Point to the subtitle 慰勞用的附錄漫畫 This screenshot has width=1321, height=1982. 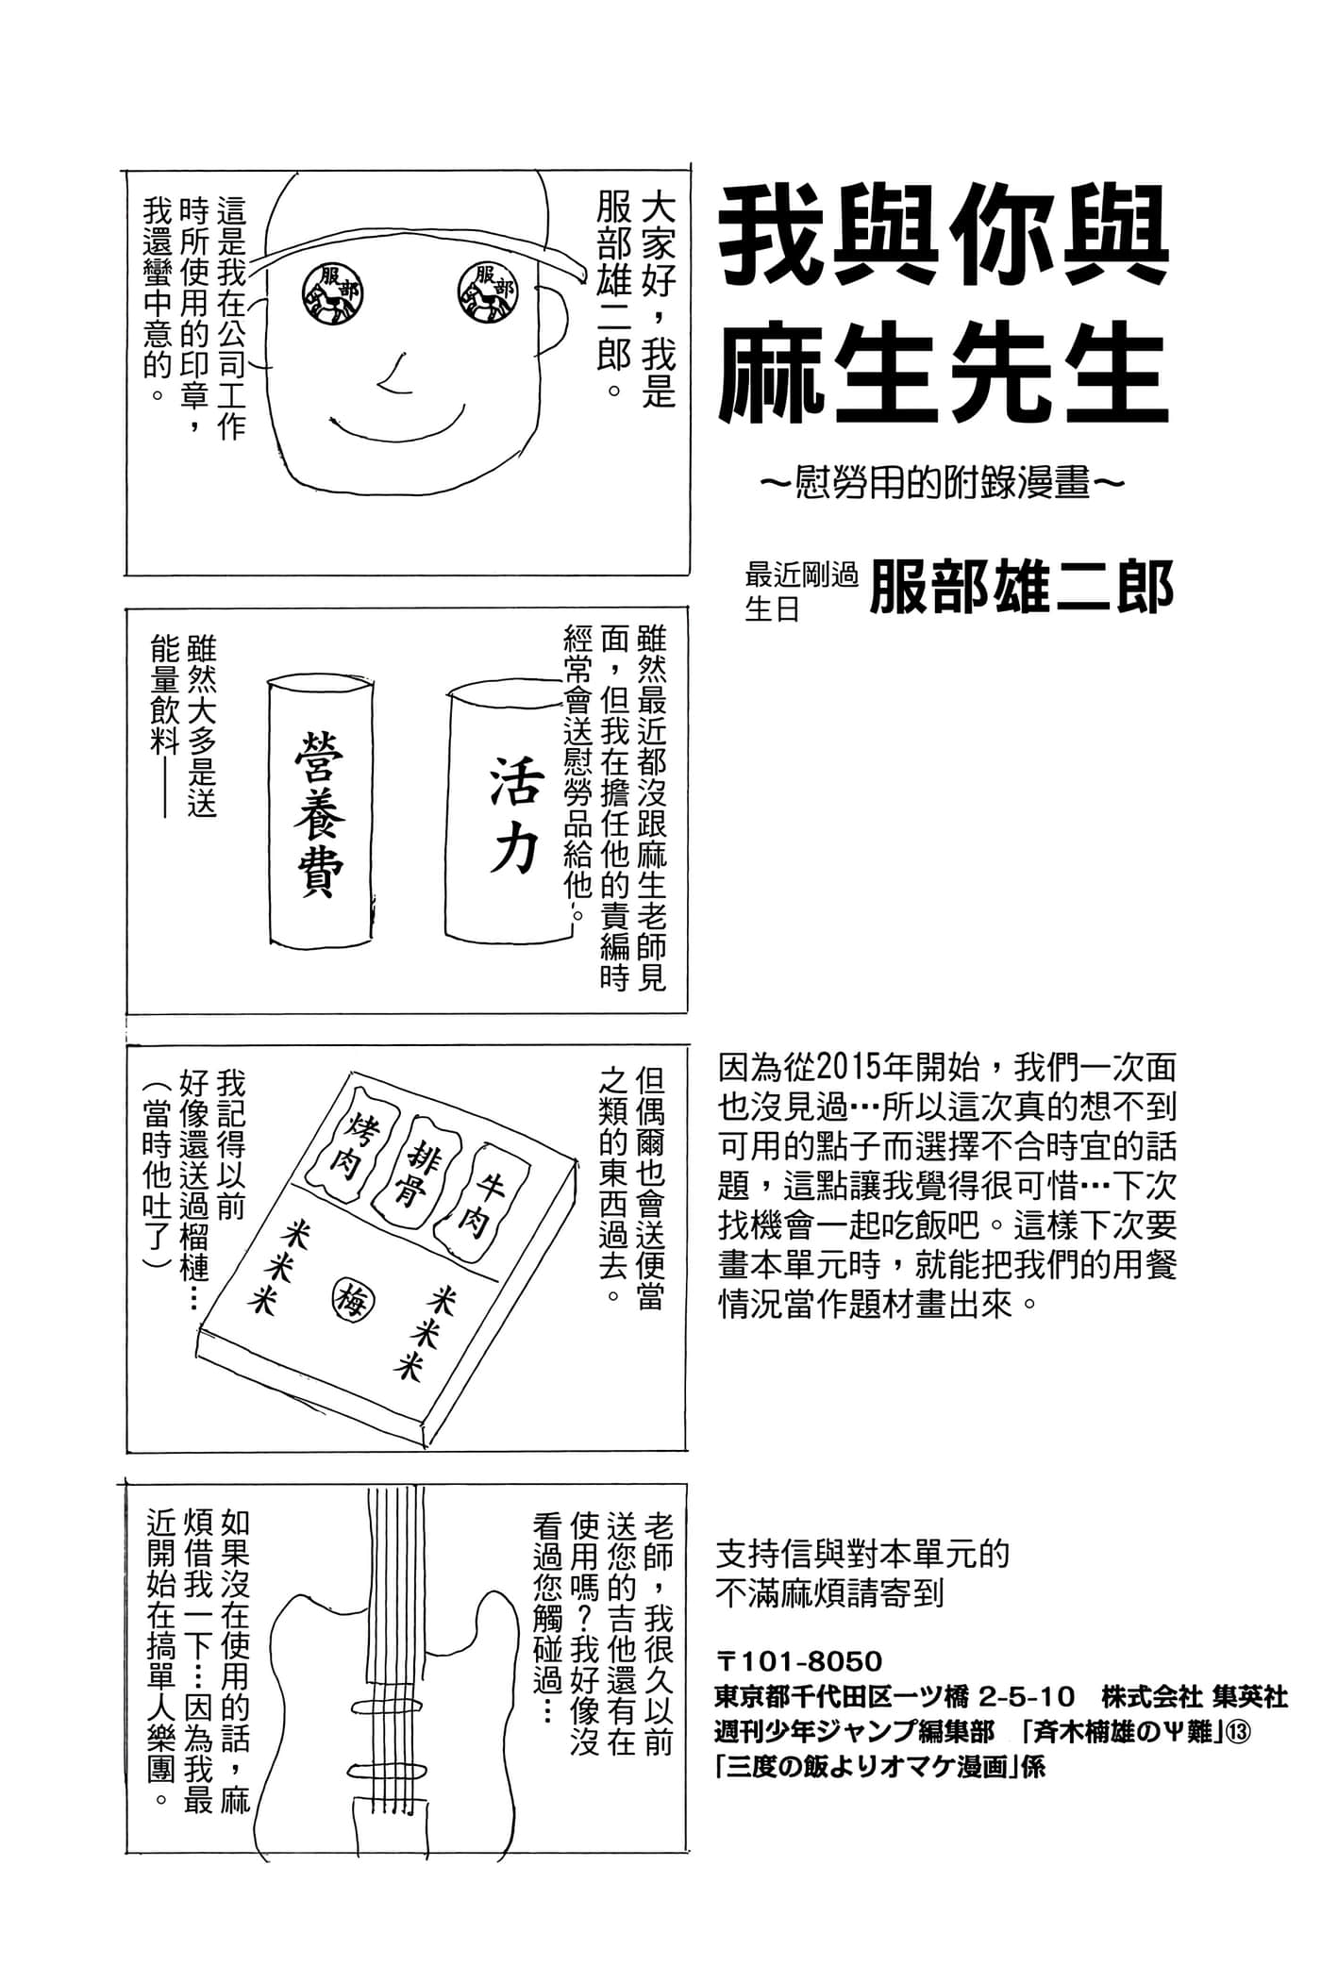click(943, 483)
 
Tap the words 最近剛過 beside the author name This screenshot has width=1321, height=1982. click(800, 574)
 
